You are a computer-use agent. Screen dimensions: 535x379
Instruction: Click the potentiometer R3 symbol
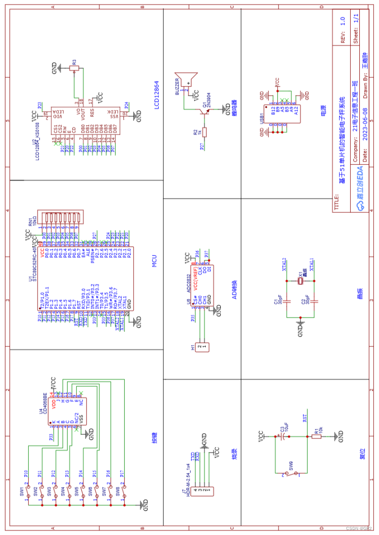pyautogui.click(x=75, y=67)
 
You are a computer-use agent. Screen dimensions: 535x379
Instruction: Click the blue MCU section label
pyautogui.click(x=155, y=262)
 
